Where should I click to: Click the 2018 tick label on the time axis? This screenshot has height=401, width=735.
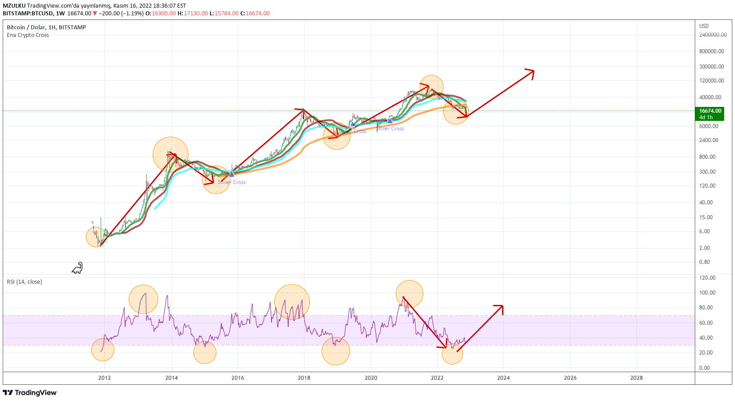pos(304,378)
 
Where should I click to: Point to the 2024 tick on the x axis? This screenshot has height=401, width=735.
pos(503,378)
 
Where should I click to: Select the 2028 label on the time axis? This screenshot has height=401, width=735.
pos(636,378)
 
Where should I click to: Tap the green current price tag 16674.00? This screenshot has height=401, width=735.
pos(710,114)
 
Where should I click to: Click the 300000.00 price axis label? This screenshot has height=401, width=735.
pos(712,67)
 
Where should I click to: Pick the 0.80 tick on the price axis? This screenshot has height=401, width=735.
pos(704,262)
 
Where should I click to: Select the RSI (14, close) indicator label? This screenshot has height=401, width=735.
pos(24,282)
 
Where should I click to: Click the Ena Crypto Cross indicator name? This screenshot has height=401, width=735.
pos(28,35)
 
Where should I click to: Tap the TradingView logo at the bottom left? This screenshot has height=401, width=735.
pos(30,393)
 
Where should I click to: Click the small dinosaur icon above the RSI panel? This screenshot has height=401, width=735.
pos(77,268)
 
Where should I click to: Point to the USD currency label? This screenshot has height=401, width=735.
pos(704,26)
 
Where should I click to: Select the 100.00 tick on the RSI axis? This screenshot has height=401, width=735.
pos(707,293)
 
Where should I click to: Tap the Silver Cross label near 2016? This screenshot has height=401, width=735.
pos(232,182)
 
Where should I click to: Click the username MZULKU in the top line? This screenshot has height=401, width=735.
pos(14,6)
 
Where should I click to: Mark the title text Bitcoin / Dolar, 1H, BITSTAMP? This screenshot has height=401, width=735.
pos(47,28)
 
